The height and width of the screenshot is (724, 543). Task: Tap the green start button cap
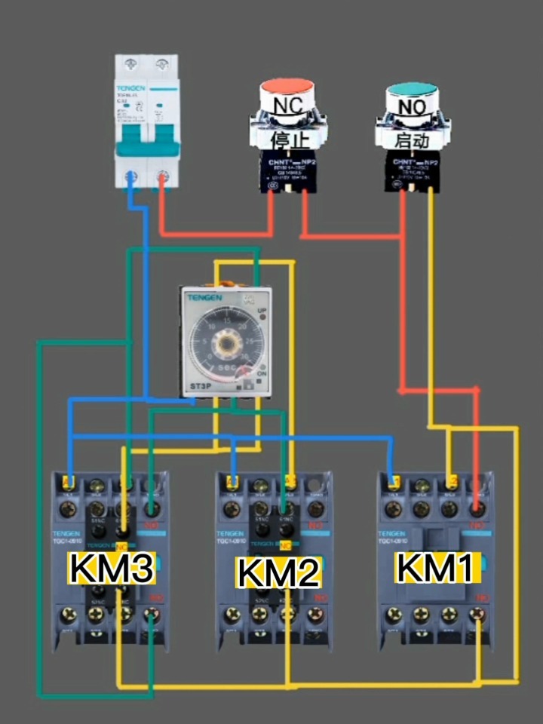click(x=412, y=90)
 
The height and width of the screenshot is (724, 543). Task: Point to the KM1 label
click(x=435, y=567)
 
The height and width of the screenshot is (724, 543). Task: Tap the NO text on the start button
click(x=412, y=107)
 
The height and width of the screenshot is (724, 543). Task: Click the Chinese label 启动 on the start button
click(x=412, y=140)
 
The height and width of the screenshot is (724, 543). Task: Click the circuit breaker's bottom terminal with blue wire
click(x=131, y=177)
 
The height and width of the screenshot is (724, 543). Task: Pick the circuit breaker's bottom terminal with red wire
click(x=161, y=178)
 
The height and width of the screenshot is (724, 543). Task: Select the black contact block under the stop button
click(x=287, y=170)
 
